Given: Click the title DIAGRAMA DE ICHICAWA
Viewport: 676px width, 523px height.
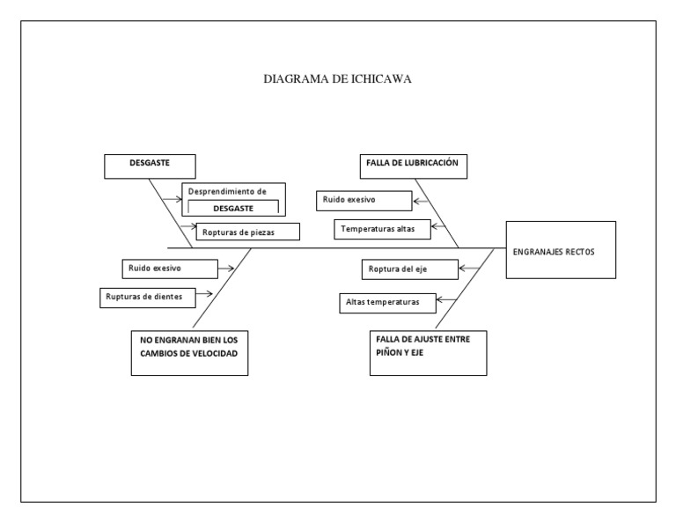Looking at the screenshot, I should [338, 79].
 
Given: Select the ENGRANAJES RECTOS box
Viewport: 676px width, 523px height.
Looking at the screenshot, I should [561, 250].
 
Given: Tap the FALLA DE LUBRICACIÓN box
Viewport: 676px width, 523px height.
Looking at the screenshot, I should [413, 166].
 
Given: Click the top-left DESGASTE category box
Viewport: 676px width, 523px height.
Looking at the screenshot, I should [150, 166].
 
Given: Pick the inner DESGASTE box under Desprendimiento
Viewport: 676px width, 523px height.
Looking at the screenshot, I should [233, 208].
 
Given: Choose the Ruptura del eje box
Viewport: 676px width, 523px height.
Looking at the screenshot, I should [409, 268].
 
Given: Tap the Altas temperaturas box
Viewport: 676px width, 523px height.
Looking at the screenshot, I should [388, 303].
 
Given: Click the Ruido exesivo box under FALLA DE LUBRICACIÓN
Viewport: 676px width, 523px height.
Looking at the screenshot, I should [364, 202].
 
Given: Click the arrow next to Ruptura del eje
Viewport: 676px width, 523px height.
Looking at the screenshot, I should [468, 268].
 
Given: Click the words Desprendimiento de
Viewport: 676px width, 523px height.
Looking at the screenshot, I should [227, 190].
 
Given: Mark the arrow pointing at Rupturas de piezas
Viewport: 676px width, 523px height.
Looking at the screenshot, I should [187, 231].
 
